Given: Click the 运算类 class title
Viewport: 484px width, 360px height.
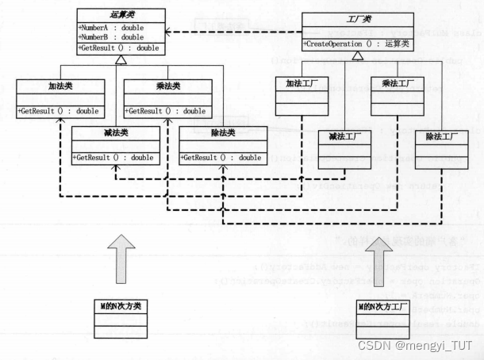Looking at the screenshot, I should tap(121, 13).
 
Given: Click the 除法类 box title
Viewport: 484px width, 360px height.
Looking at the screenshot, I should tap(222, 133).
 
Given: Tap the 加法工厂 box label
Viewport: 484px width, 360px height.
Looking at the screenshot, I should tap(301, 83).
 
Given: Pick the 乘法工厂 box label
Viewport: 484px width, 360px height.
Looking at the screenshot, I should tap(396, 83).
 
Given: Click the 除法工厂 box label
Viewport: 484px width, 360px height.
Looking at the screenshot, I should tap(442, 137).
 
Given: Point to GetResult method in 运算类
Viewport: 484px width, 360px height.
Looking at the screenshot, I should tap(117, 48).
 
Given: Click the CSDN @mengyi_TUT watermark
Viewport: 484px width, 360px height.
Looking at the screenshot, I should tap(414, 345).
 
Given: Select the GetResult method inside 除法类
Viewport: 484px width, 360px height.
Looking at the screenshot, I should tap(221, 158).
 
